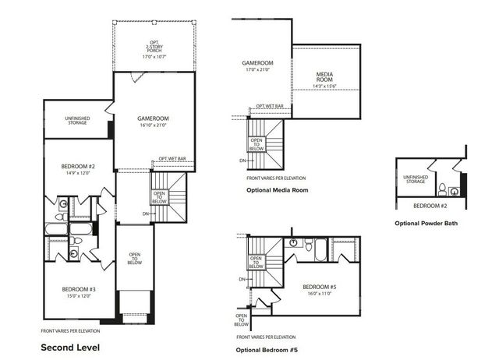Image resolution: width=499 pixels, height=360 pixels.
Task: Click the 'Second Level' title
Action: click(x=70, y=346)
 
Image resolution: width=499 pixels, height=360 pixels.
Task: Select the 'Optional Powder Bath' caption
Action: click(x=426, y=224)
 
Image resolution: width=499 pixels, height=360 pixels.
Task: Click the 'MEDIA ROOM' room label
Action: click(x=325, y=77)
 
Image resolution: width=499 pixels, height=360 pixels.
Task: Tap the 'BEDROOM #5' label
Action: click(x=319, y=287)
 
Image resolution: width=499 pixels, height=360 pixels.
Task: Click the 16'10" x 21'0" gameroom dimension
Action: click(x=154, y=125)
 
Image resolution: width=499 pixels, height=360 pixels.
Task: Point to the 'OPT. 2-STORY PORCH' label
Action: click(x=154, y=48)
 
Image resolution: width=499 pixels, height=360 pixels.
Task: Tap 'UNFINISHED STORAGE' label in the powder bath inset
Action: click(x=415, y=179)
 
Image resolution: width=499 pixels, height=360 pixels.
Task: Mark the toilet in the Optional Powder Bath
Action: click(x=443, y=189)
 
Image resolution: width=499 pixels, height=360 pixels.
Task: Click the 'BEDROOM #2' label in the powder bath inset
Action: click(x=429, y=205)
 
